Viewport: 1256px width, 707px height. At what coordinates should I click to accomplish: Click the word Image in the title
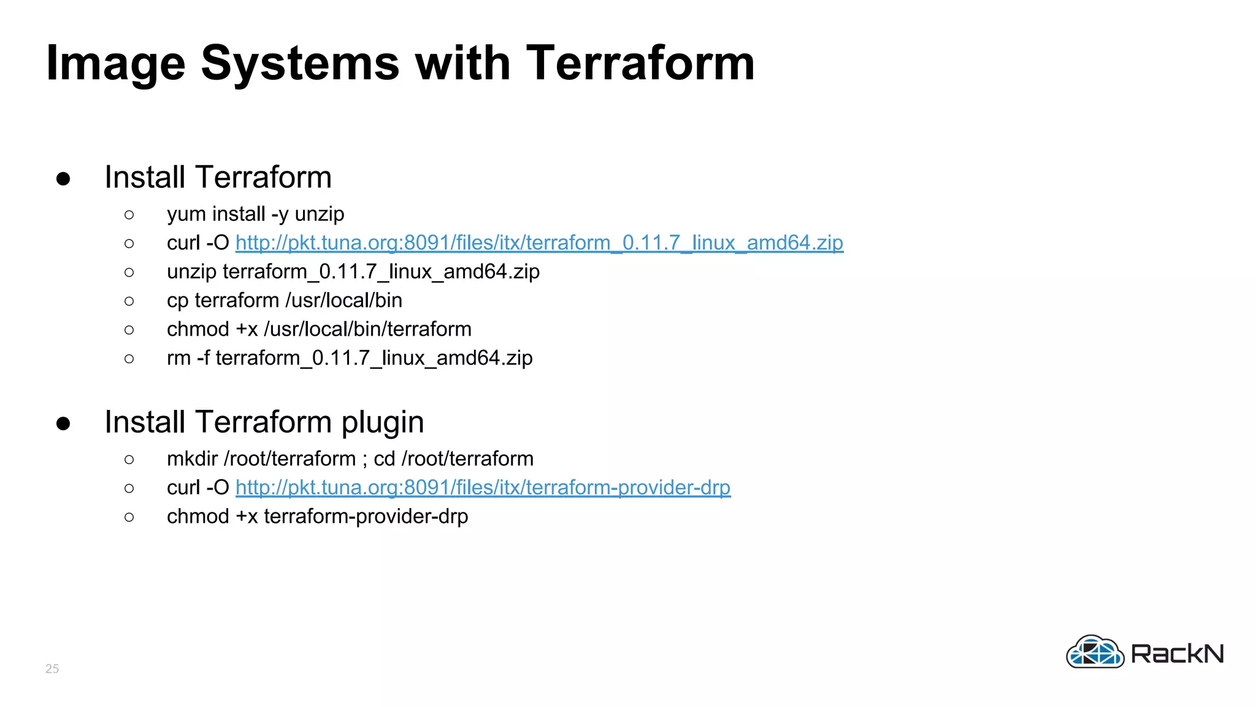point(115,64)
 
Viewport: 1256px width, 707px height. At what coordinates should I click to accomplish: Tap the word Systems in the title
point(300,64)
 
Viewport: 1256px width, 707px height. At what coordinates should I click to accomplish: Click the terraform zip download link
point(539,243)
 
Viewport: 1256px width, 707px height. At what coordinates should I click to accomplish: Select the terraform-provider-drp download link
point(483,488)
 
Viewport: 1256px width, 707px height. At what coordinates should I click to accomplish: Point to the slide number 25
point(52,668)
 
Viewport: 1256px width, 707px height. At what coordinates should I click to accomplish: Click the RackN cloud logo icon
point(1095,652)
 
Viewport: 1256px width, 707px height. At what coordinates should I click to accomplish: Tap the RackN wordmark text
point(1177,654)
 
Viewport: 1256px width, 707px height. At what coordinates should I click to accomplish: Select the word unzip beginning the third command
point(191,272)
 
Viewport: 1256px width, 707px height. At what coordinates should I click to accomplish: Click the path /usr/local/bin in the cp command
point(343,301)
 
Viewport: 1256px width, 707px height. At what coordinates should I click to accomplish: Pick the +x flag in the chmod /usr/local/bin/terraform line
point(247,330)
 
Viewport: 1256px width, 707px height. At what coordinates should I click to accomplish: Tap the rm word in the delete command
point(178,358)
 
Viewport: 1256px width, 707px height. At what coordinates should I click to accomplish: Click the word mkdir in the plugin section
point(193,459)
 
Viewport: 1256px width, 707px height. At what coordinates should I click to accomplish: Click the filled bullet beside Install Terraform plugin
point(63,423)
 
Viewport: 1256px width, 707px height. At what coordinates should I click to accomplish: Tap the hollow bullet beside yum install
point(129,215)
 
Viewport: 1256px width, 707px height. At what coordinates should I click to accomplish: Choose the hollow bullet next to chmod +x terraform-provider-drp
point(129,517)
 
